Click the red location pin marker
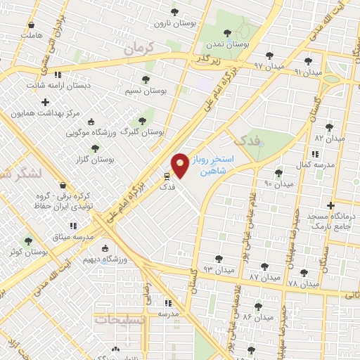tap(180, 165)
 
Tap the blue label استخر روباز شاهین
tap(215, 166)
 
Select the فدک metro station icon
tap(167, 176)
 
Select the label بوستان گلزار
tap(94, 160)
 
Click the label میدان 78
tap(303, 283)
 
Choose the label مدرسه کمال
tap(309, 164)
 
